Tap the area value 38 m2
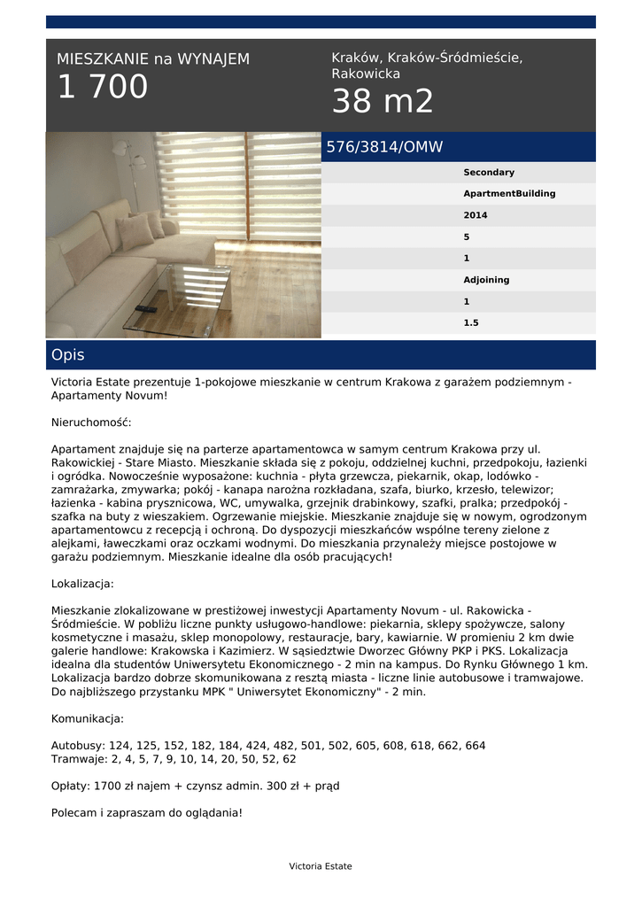pos(383,103)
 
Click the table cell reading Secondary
pos(489,173)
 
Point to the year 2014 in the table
pos(476,215)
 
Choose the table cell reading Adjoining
pos(486,280)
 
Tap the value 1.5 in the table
pos(471,323)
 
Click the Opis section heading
pos(68,355)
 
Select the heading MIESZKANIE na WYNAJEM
pos(153,59)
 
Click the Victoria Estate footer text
pos(321,866)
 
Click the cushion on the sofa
pos(135,232)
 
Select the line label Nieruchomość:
pos(91,422)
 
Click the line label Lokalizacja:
pos(82,584)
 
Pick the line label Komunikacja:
pos(88,718)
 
